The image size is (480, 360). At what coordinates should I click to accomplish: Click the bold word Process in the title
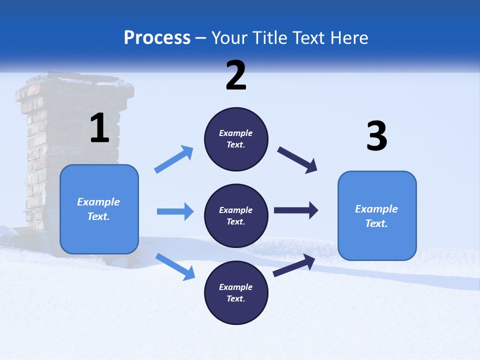point(157,37)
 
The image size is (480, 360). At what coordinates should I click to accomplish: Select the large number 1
point(99,128)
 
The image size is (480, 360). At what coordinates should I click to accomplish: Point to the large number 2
point(236,75)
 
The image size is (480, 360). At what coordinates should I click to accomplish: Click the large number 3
point(377,136)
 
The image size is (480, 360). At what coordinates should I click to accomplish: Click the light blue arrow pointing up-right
point(174,159)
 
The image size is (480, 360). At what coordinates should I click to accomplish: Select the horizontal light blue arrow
point(175,211)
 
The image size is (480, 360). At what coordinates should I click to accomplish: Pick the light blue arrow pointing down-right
point(175,266)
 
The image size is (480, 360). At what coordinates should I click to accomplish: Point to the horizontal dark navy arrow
point(295,210)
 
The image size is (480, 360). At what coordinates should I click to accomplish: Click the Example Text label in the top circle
point(236,138)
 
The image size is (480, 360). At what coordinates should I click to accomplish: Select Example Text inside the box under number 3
point(376,216)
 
